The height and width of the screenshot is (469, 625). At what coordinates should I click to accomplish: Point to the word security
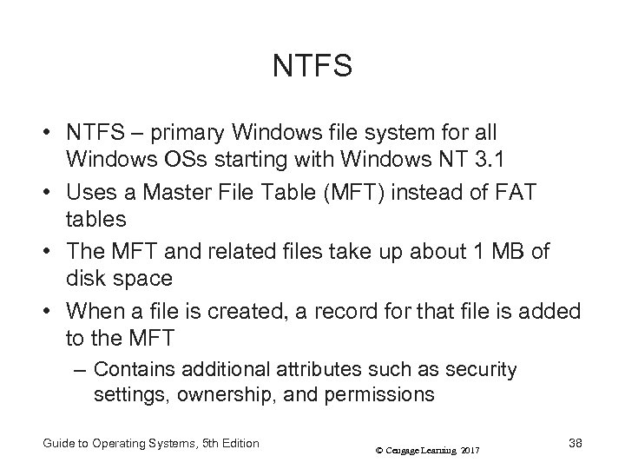(484, 370)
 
